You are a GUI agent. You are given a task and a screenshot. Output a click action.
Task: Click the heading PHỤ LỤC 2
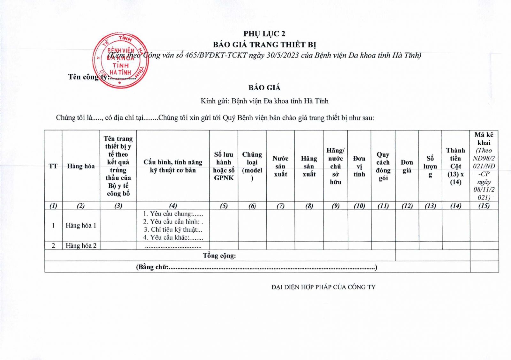(264, 34)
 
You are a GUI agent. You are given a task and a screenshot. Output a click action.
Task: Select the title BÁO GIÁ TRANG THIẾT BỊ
(264, 44)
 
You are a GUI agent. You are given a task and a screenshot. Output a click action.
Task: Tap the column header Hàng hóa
(81, 166)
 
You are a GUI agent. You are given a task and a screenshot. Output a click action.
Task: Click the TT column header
(53, 166)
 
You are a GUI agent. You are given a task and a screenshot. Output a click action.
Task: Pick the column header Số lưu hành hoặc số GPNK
(224, 166)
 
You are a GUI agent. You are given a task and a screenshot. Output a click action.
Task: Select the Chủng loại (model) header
(252, 166)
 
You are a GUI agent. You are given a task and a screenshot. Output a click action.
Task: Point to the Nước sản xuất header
(280, 166)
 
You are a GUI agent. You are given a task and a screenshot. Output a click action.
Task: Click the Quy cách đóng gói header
(383, 166)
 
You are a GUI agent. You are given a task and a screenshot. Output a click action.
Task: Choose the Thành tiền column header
(455, 166)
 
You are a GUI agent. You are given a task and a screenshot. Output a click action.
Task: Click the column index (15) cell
(484, 206)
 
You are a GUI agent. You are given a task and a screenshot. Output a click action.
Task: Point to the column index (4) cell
(173, 206)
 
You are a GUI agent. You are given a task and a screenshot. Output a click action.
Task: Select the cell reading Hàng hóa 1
(81, 225)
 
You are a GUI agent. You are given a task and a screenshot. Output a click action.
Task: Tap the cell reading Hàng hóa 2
(81, 245)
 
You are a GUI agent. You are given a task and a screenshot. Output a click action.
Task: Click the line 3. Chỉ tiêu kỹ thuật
(173, 229)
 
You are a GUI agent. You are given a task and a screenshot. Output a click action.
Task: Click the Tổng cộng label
(219, 255)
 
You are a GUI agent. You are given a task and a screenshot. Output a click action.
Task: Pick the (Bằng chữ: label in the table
(153, 267)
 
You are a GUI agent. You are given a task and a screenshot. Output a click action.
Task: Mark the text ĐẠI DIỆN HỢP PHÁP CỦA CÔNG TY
(323, 287)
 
